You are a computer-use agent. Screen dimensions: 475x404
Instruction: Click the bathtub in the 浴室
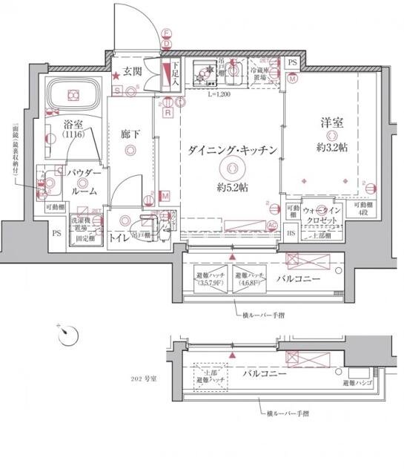tap(73, 95)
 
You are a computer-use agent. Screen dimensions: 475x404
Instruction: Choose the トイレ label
tap(118, 238)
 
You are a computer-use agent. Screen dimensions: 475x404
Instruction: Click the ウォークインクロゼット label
tap(321, 218)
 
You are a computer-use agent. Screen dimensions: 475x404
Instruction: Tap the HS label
tap(291, 235)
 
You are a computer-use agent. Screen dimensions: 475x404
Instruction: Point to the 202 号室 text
tap(140, 379)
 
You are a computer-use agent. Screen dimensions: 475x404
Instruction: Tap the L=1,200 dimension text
tap(219, 95)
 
